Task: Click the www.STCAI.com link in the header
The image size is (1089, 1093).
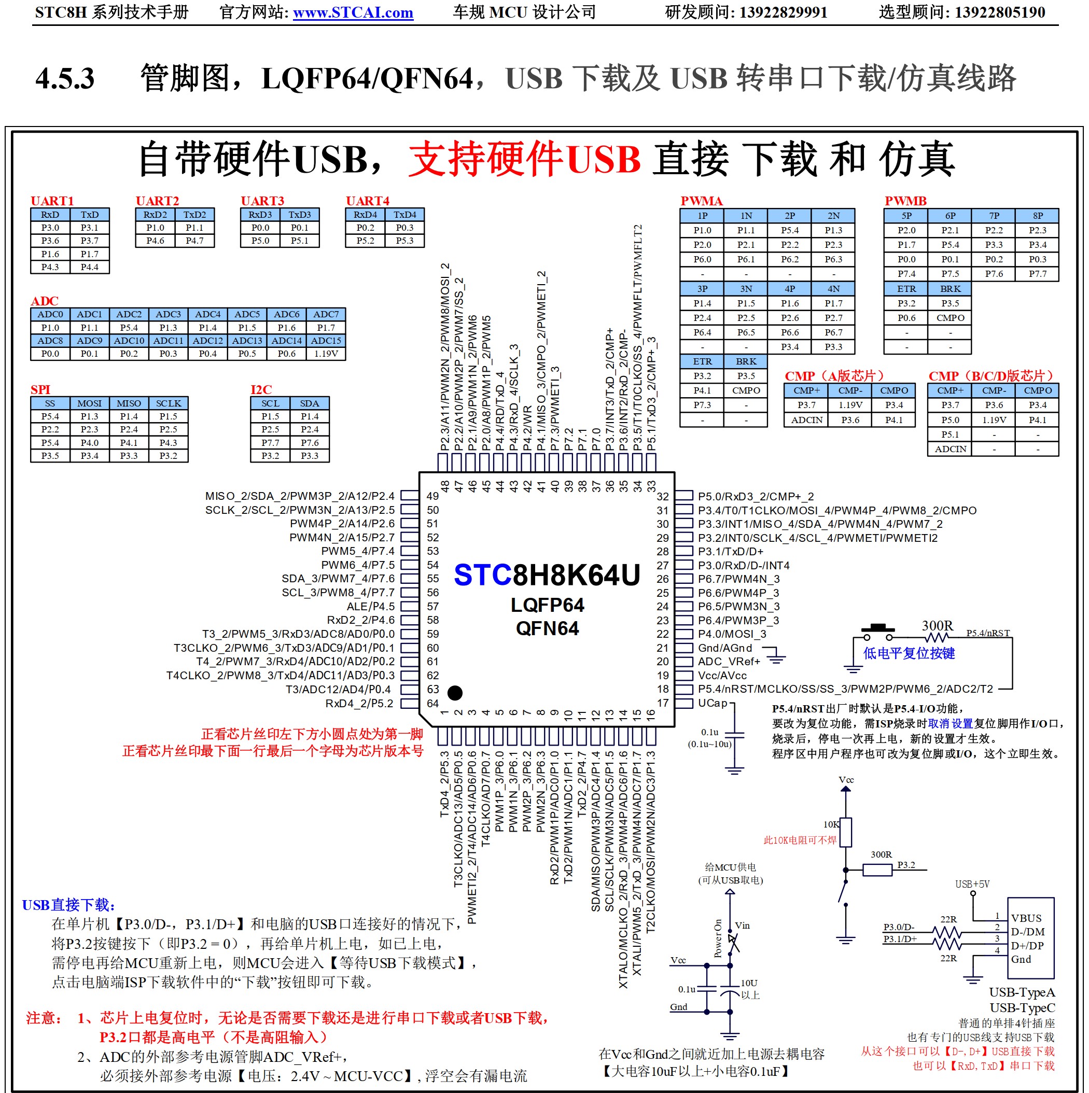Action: tap(353, 12)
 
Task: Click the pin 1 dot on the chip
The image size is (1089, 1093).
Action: tap(455, 693)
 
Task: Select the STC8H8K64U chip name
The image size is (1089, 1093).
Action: tap(547, 576)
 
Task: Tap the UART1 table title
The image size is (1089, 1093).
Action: tap(52, 201)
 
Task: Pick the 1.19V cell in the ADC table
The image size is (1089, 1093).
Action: tap(326, 354)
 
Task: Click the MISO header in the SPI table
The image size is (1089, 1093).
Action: tap(129, 403)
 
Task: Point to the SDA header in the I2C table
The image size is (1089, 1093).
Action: tap(310, 403)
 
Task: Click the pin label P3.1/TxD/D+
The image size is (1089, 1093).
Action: tap(730, 552)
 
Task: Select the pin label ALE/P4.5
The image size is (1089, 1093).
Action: tap(371, 607)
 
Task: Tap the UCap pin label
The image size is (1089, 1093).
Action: tap(712, 703)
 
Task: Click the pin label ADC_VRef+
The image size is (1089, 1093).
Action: tap(729, 661)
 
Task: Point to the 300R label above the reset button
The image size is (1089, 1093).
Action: tap(937, 626)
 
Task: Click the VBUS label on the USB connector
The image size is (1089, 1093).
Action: tap(1026, 918)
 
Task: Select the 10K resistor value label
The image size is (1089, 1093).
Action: tap(831, 824)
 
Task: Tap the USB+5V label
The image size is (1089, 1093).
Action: tap(972, 884)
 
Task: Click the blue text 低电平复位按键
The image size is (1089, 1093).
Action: tap(909, 653)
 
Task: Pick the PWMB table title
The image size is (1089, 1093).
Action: tap(905, 201)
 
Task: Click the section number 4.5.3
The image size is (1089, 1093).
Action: tap(64, 78)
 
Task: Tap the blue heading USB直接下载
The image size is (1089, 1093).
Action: tap(69, 905)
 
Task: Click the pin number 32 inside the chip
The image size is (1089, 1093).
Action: tap(662, 497)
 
